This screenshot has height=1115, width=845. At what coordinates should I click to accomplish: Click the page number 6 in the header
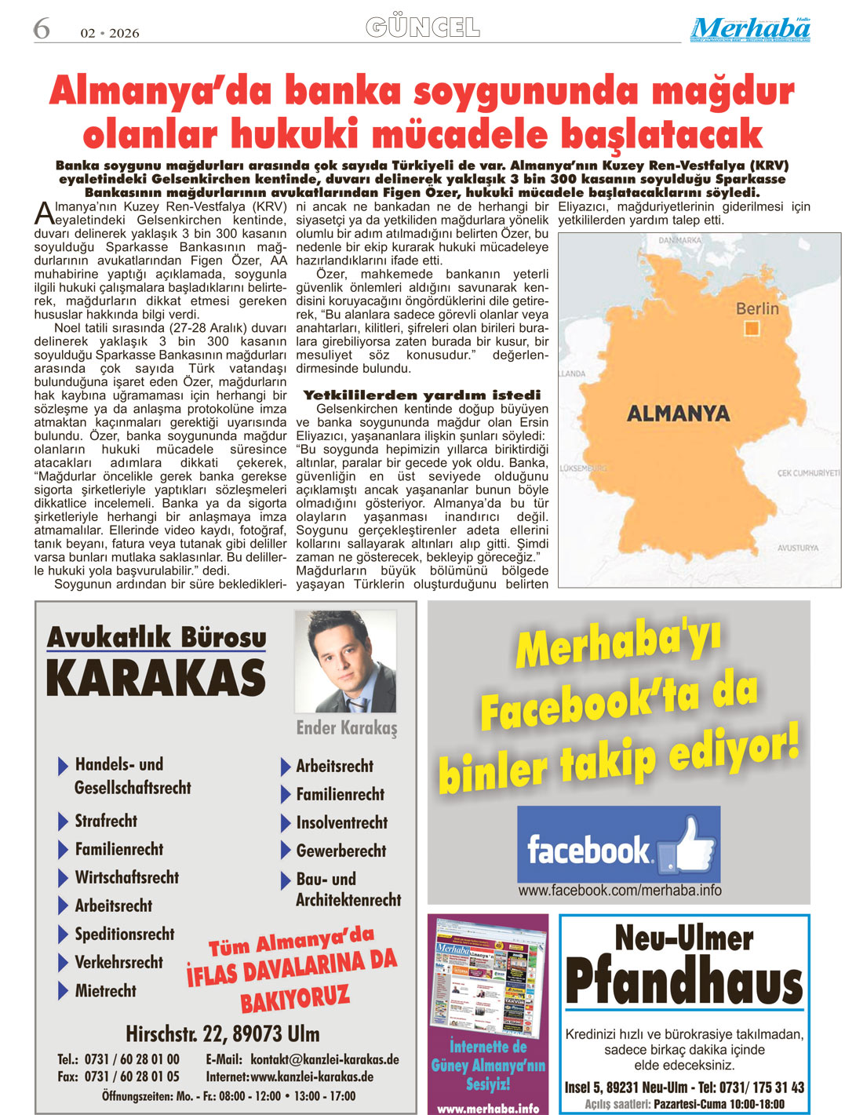pos(41,29)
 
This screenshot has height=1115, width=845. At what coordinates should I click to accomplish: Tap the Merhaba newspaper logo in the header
pos(750,29)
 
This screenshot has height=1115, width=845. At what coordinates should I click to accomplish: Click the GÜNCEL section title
pos(422,27)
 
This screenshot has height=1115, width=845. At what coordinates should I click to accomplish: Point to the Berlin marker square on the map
pos(752,329)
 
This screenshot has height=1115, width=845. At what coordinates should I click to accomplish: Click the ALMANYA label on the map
pos(678,413)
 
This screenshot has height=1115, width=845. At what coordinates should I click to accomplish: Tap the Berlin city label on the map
pos(757,308)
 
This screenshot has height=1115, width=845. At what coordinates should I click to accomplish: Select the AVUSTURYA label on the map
pos(797,548)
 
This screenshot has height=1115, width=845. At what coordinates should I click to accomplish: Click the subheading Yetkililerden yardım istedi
pos(422,395)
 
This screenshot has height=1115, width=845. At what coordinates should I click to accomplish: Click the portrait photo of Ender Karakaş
pos(345,661)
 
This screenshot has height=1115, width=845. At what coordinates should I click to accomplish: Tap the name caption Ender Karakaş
pos(347,728)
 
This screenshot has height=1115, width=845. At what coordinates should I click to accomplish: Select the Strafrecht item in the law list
pos(106,821)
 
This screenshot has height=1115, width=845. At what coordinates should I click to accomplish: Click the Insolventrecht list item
pos(341,822)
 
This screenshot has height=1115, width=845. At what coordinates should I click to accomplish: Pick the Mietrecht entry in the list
pos(105,990)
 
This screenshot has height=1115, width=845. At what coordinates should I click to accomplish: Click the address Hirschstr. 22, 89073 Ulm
pos(222,1033)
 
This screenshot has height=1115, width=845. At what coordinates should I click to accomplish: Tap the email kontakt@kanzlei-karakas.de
pos(325,1059)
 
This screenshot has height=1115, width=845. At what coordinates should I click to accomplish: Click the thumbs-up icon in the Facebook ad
pos(687,845)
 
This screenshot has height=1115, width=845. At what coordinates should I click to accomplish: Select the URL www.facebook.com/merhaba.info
pos(620,890)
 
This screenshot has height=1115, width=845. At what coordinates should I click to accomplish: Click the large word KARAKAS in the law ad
pos(156,678)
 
